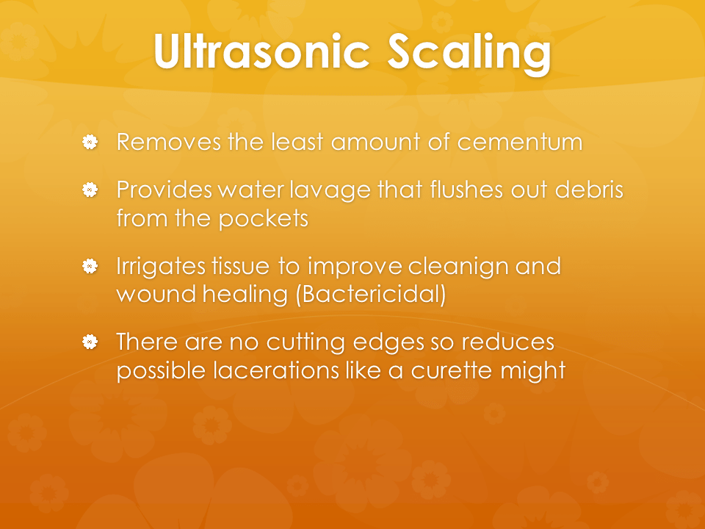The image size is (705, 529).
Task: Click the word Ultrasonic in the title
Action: pyautogui.click(x=261, y=51)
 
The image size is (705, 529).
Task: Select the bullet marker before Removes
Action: pyautogui.click(x=90, y=142)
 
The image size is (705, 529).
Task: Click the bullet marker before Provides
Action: pyautogui.click(x=90, y=190)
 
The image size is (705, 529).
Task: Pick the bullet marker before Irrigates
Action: pyautogui.click(x=90, y=266)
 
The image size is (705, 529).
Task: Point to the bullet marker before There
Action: pyautogui.click(x=90, y=342)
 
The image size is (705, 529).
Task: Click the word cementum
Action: pyautogui.click(x=520, y=142)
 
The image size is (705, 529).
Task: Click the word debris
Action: pyautogui.click(x=589, y=190)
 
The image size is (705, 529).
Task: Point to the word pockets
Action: pyautogui.click(x=264, y=219)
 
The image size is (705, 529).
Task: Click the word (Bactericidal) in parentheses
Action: pyautogui.click(x=371, y=295)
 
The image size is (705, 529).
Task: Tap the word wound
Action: pyautogui.click(x=156, y=294)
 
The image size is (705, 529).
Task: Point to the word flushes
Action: pyautogui.click(x=466, y=190)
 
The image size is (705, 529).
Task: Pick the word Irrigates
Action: pyautogui.click(x=161, y=267)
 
